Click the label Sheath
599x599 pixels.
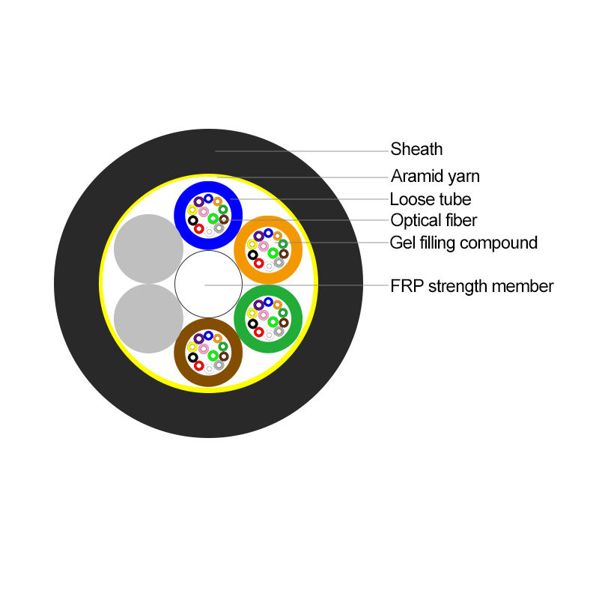tap(416, 149)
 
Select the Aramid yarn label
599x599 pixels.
tap(435, 177)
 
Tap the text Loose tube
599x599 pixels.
tap(431, 199)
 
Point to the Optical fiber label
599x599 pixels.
tap(434, 220)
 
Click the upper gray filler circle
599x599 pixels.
tap(149, 249)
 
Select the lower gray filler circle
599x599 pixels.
tap(149, 318)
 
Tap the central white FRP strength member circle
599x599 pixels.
tap(208, 285)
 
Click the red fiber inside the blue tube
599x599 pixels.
tap(199, 229)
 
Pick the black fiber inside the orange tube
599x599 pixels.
tap(253, 255)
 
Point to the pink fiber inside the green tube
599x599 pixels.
tap(264, 314)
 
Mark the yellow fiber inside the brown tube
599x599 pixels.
tap(192, 347)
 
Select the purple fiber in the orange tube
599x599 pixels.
tap(259, 236)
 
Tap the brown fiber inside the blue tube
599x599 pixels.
tap(223, 219)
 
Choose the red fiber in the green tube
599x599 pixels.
tap(259, 332)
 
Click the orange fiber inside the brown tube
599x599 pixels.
tap(217, 338)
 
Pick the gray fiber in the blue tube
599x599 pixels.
tap(219, 228)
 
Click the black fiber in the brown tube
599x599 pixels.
tap(192, 357)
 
